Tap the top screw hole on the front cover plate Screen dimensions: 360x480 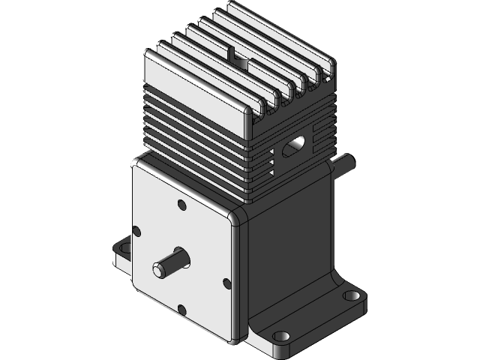pyautogui.click(x=181, y=204)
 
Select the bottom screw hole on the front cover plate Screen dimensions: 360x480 pyautogui.click(x=181, y=308)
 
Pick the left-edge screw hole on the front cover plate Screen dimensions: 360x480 pyautogui.click(x=136, y=230)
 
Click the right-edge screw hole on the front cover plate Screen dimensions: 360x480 pyautogui.click(x=226, y=282)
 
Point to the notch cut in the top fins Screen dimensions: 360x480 pyautogui.click(x=240, y=56)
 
